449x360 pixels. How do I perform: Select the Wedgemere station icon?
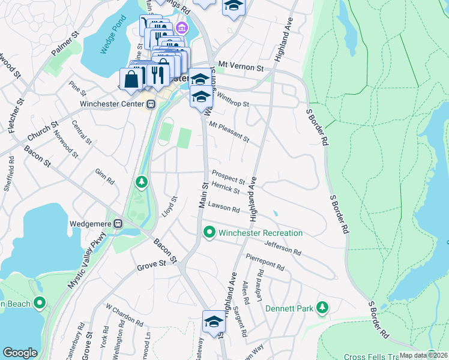118,223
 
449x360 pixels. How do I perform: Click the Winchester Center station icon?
151,104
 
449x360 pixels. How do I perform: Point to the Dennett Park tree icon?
322,308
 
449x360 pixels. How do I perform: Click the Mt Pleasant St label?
229,131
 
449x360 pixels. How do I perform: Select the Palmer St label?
65,46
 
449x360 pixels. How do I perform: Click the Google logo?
20,352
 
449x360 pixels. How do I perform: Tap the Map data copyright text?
423,355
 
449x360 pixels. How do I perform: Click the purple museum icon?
180,28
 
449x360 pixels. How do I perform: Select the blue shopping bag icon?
131,79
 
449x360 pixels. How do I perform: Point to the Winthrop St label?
233,100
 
